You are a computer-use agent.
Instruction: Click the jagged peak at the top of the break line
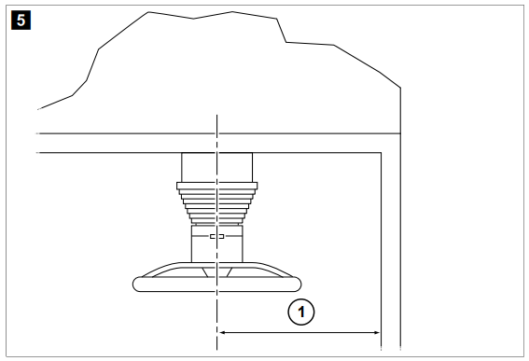pos(149,12)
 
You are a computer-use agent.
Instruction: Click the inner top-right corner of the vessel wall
pos(380,152)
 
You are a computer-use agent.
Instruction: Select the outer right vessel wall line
pos(401,233)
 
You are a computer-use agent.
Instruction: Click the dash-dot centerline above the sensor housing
pos(216,131)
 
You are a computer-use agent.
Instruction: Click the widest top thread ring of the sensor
pos(216,185)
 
